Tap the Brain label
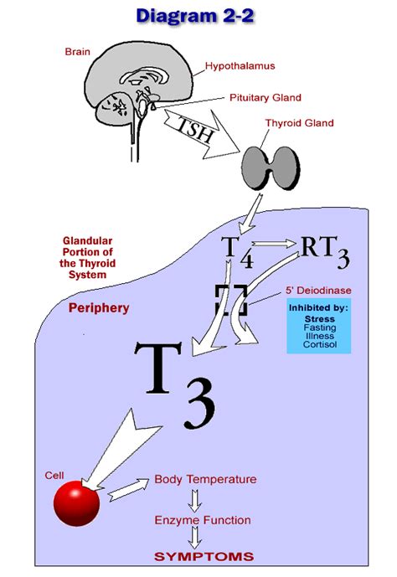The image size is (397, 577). coord(77,52)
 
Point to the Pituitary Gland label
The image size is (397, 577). coord(265,98)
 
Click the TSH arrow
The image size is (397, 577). coord(199,130)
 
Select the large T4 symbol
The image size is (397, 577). coord(238,249)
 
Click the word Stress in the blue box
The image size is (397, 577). coord(319,319)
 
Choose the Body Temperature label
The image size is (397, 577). coord(205,480)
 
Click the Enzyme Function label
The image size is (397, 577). coord(202,520)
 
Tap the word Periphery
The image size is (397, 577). coord(99,308)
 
